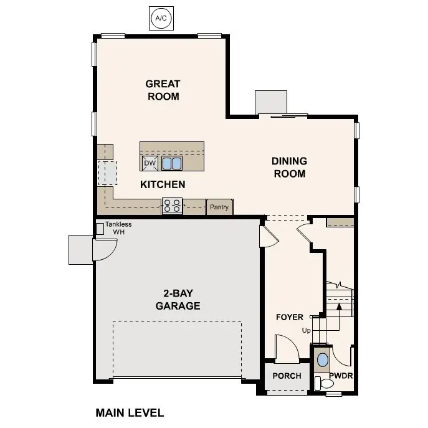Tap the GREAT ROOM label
pyautogui.click(x=163, y=90)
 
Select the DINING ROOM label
pyautogui.click(x=289, y=167)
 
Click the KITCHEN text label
pyautogui.click(x=163, y=184)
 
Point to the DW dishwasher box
pyautogui.click(x=150, y=163)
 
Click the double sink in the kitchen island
pyautogui.click(x=172, y=163)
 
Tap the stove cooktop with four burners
pyautogui.click(x=172, y=206)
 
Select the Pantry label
pyautogui.click(x=219, y=207)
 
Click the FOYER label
pyautogui.click(x=290, y=317)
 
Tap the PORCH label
pyautogui.click(x=287, y=376)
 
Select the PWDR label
pyautogui.click(x=341, y=376)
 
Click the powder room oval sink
pyautogui.click(x=322, y=360)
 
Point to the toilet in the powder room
pyautogui.click(x=320, y=382)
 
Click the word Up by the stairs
pyautogui.click(x=306, y=330)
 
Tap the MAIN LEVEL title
pyautogui.click(x=130, y=412)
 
